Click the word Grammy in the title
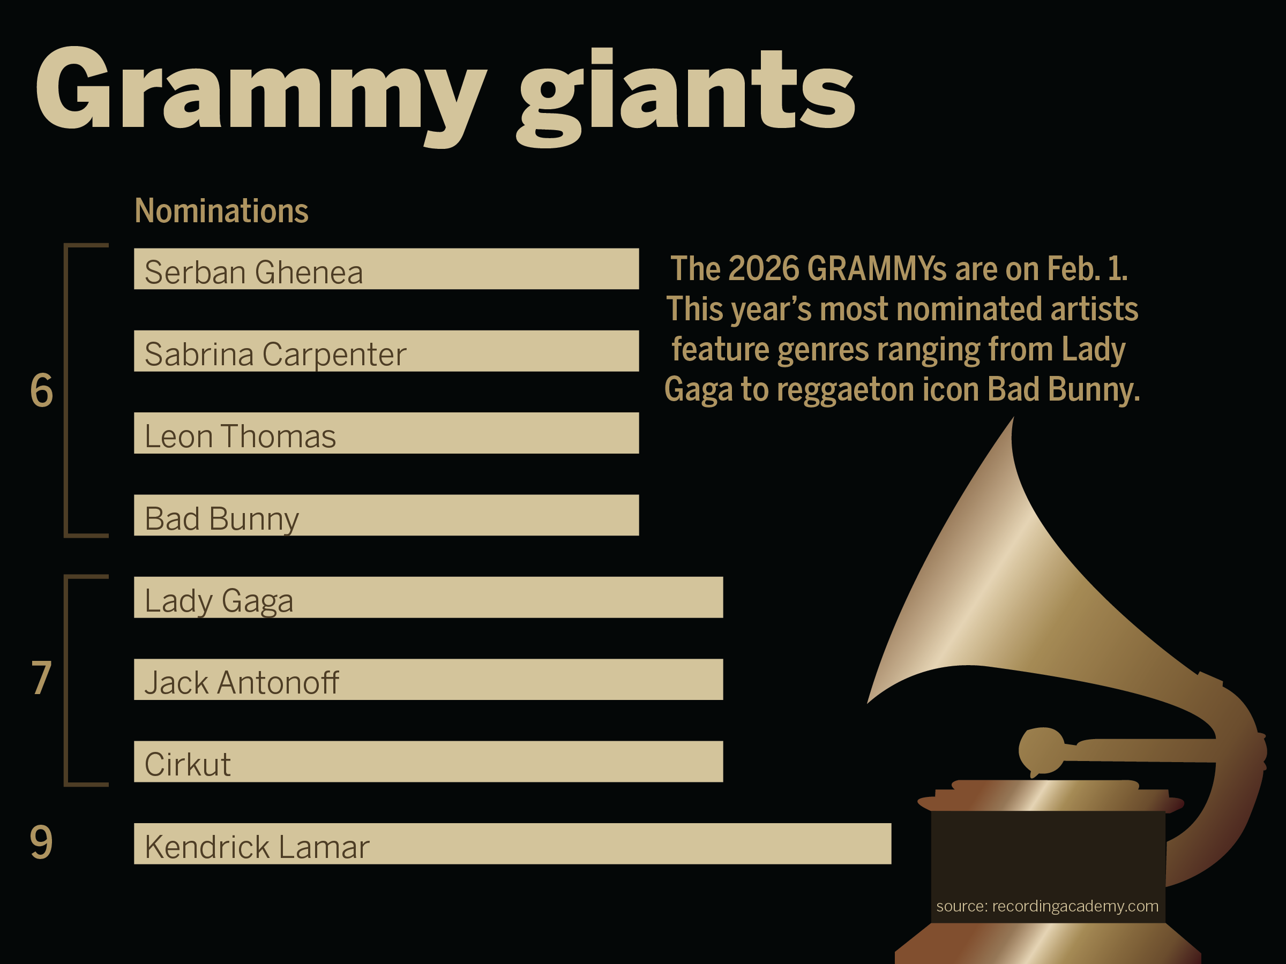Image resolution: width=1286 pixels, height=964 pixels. pos(260,96)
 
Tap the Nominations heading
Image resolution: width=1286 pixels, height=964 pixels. pos(221,210)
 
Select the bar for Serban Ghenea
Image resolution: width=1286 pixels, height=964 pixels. pos(387,268)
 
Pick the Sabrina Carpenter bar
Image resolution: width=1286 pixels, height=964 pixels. pos(387,351)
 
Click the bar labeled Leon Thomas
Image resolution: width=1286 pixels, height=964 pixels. pos(387,433)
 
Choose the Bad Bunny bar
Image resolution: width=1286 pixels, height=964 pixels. pos(387,515)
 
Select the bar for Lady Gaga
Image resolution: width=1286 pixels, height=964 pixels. pos(429,597)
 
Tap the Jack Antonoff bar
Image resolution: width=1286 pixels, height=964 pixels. pos(429,679)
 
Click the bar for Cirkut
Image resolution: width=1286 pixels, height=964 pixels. pos(429,762)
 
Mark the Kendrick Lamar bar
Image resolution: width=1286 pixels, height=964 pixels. pos(513,843)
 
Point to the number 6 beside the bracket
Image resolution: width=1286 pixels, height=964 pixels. pos(42,390)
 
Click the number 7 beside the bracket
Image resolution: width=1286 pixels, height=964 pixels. pos(41,678)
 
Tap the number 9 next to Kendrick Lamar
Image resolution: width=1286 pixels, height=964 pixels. pos(41,842)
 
